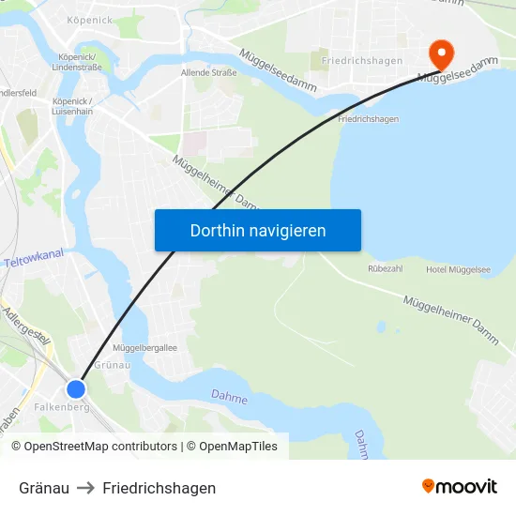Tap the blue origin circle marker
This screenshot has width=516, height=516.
coord(76,388)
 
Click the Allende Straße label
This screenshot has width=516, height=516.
coord(208,72)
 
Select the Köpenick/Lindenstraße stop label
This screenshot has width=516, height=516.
coord(83,62)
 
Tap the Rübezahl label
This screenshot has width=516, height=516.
coord(387,267)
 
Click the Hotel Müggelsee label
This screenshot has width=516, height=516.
coord(458,269)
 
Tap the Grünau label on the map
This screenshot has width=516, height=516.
coord(112,364)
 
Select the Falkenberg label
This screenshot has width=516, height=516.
coord(60,408)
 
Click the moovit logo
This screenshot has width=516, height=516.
coord(460,487)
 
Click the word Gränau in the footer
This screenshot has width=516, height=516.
coord(44,488)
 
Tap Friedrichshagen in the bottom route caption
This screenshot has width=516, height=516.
coord(159,488)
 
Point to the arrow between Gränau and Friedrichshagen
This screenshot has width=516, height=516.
coord(85,488)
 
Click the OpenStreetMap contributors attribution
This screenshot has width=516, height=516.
coord(94,447)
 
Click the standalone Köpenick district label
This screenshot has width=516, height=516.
coord(91,20)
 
